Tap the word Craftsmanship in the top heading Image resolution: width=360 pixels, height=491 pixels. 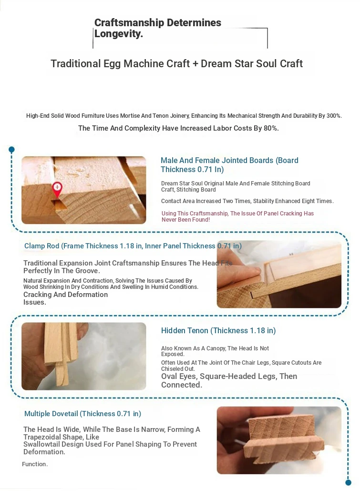coord(129,22)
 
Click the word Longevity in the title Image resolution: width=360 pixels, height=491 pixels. coord(118,33)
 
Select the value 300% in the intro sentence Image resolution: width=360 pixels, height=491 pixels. coord(334,115)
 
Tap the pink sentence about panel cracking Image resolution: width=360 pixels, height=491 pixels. coord(237,216)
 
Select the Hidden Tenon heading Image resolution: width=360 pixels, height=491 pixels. coord(218,330)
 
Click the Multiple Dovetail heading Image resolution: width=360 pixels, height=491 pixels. coord(82,414)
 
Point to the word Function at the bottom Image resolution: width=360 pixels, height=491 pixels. coord(34,464)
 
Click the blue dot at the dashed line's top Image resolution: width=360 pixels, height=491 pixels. coord(11,149)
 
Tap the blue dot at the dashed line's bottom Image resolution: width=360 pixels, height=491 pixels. coord(348,482)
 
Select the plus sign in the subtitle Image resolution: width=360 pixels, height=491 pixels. coord(195,64)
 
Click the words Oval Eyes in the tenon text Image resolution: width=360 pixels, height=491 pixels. coord(179,377)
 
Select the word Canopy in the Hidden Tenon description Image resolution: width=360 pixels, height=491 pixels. coord(216,348)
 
